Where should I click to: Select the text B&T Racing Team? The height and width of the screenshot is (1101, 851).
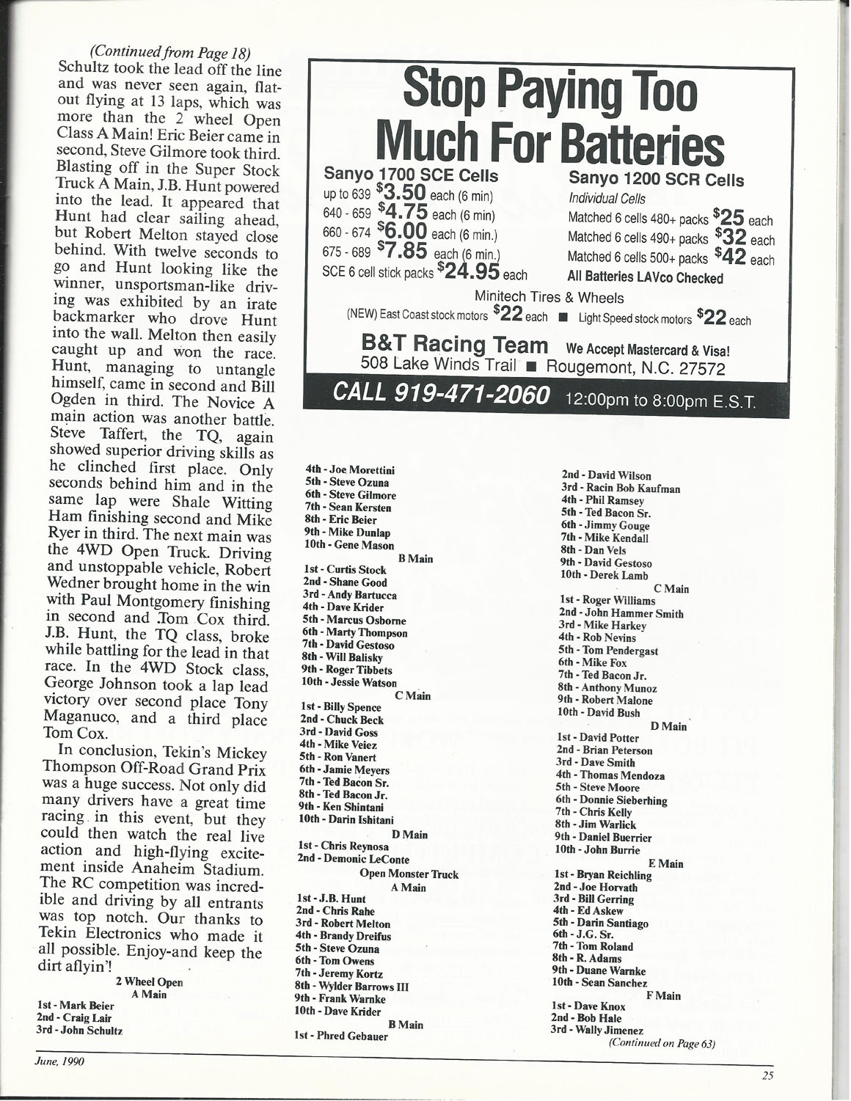pyautogui.click(x=455, y=345)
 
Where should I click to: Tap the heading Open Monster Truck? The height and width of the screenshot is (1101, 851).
pyautogui.click(x=409, y=874)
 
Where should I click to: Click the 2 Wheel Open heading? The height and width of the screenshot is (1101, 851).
pyautogui.click(x=149, y=982)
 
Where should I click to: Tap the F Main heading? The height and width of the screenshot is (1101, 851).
pyautogui.click(x=662, y=995)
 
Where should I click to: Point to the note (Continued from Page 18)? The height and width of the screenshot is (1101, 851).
pyautogui.click(x=170, y=53)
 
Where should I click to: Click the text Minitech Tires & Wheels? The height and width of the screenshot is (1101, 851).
pyautogui.click(x=549, y=298)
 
